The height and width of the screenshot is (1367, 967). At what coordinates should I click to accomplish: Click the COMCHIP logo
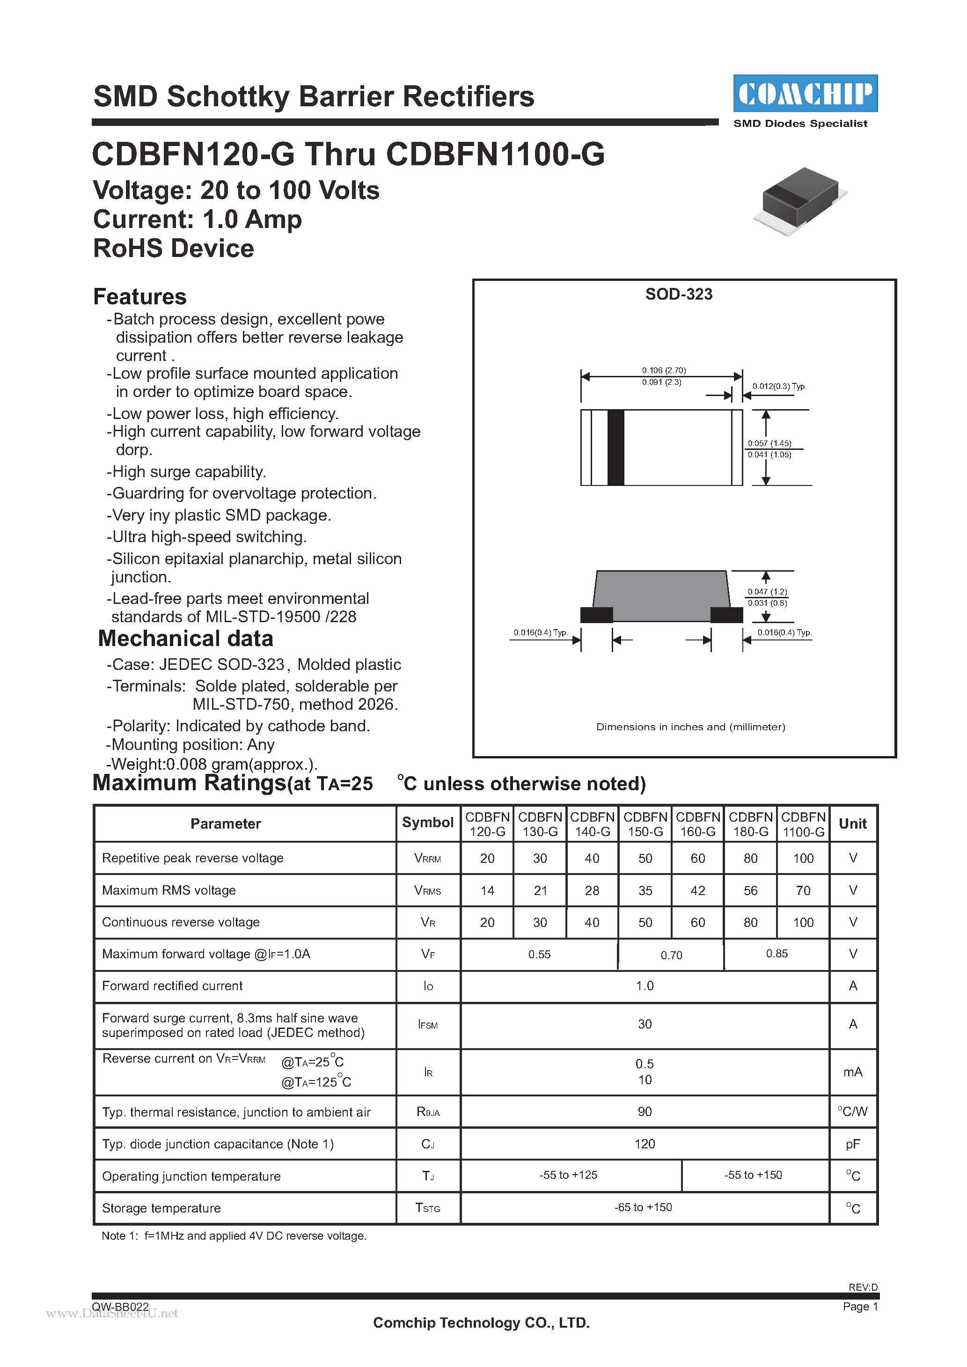click(805, 94)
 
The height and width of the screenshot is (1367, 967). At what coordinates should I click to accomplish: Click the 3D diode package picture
click(800, 200)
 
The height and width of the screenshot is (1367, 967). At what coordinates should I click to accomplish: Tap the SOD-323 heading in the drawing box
click(678, 294)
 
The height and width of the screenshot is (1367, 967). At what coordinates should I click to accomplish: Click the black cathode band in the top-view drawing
click(615, 447)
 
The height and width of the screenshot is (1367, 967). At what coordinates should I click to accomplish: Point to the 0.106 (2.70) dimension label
click(663, 370)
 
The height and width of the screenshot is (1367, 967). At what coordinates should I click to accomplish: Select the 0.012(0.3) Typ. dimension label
click(779, 386)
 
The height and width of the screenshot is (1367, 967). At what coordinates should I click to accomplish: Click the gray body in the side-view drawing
click(661, 595)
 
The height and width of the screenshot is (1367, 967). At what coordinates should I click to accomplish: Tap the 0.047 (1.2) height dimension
click(767, 592)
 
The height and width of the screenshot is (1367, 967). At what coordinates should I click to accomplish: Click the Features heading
click(140, 296)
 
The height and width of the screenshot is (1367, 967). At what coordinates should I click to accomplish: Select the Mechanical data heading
click(185, 638)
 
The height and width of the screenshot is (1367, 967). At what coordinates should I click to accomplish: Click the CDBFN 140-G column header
click(592, 824)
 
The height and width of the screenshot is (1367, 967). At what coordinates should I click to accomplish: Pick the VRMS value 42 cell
click(697, 891)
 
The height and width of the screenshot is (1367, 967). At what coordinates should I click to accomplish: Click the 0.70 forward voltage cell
click(671, 955)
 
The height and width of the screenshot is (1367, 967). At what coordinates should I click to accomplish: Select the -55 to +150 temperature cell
click(753, 1175)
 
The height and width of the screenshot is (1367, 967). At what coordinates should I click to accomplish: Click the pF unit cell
click(853, 1144)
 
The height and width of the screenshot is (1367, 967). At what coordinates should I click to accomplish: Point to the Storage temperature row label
click(161, 1208)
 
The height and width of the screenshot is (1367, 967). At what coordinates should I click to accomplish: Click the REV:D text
click(863, 1286)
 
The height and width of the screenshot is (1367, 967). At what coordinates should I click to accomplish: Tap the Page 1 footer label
click(860, 1306)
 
